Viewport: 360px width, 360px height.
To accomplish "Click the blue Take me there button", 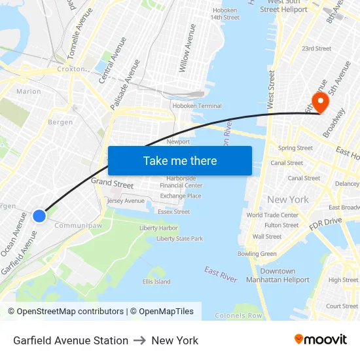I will pyautogui.click(x=179, y=160).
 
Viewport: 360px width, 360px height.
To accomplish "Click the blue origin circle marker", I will pyautogui.click(x=39, y=215).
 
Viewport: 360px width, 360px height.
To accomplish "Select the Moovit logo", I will pyautogui.click(x=320, y=340).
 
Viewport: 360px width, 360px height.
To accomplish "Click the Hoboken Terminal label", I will pyautogui.click(x=196, y=106).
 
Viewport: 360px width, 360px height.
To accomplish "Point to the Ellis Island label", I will pyautogui.click(x=156, y=282).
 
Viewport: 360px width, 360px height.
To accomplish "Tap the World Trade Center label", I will pyautogui.click(x=272, y=215).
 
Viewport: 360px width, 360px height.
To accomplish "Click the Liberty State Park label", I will pyautogui.click(x=179, y=239).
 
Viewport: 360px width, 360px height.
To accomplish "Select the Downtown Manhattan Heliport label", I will pyautogui.click(x=278, y=276).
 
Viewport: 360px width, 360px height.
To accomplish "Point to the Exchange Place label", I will pyautogui.click(x=181, y=196).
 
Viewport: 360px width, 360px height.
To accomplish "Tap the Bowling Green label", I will pyautogui.click(x=257, y=254).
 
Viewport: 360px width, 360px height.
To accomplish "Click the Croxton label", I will pyautogui.click(x=71, y=69).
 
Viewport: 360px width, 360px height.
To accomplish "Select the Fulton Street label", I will pyautogui.click(x=281, y=225).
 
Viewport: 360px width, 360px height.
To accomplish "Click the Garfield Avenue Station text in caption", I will pyautogui.click(x=71, y=340).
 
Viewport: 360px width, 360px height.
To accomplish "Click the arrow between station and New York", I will pyautogui.click(x=140, y=340).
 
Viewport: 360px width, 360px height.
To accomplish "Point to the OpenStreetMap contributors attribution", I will pyautogui.click(x=67, y=312).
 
